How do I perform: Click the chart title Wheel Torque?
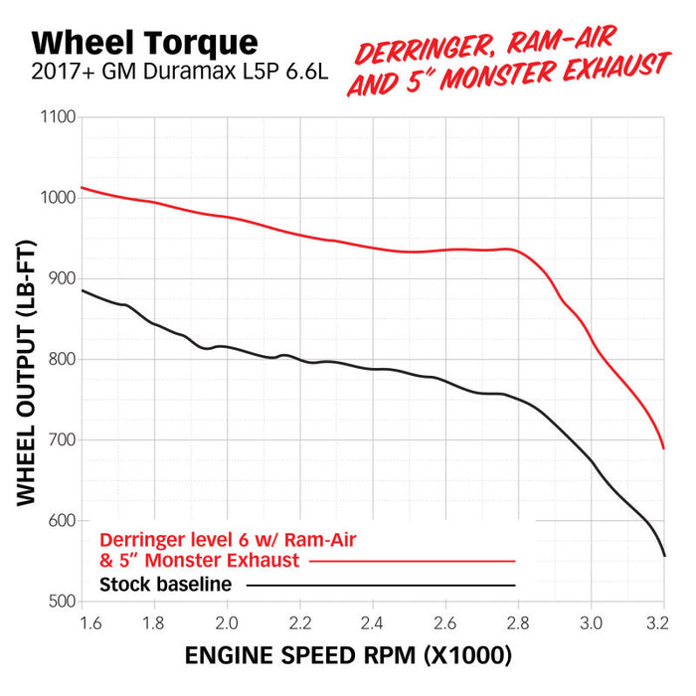[144, 42]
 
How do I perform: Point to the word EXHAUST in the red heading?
[603, 67]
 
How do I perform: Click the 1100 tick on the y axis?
[59, 117]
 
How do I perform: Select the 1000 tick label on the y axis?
[59, 198]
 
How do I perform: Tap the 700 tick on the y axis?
[62, 440]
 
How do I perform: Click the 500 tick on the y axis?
[62, 602]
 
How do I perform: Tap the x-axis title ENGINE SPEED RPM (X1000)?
[348, 655]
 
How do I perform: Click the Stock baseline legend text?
[166, 584]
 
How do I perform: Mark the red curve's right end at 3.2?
[663, 447]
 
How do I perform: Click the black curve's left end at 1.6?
[83, 290]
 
